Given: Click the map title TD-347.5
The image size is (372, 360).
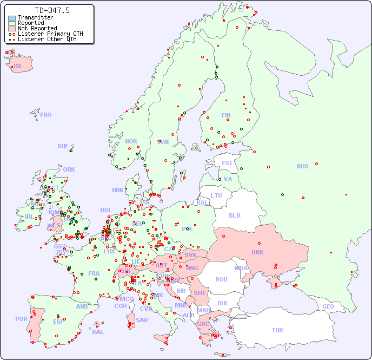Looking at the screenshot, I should tap(52, 10).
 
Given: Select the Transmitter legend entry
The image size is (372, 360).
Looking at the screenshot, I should tap(35, 18).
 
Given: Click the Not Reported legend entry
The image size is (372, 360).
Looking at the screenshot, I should tap(37, 28).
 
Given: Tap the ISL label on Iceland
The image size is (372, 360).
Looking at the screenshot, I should tap(18, 67).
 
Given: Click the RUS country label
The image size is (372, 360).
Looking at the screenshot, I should tap(302, 166).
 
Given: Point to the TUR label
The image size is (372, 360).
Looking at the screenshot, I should tap(277, 330).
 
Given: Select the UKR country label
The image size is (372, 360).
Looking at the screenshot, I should tap(257, 252).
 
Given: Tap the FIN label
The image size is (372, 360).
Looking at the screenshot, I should tap(226, 115).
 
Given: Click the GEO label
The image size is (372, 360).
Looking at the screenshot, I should tap(328, 306).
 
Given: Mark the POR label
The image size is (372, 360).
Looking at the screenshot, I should tap(21, 319).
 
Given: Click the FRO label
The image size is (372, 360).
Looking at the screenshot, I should tap(46, 115).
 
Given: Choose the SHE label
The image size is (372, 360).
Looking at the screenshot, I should tap(63, 146).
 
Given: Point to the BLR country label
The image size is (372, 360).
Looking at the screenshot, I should tap(235, 215).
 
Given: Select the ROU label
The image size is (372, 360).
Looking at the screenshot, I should tap(221, 279).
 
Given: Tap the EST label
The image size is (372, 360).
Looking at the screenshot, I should tap(227, 163).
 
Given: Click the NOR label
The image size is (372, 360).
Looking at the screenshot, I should tap(131, 141).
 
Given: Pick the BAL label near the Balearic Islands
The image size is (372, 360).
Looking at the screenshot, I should tap(97, 332).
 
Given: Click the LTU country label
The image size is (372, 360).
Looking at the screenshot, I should tap(216, 195).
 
